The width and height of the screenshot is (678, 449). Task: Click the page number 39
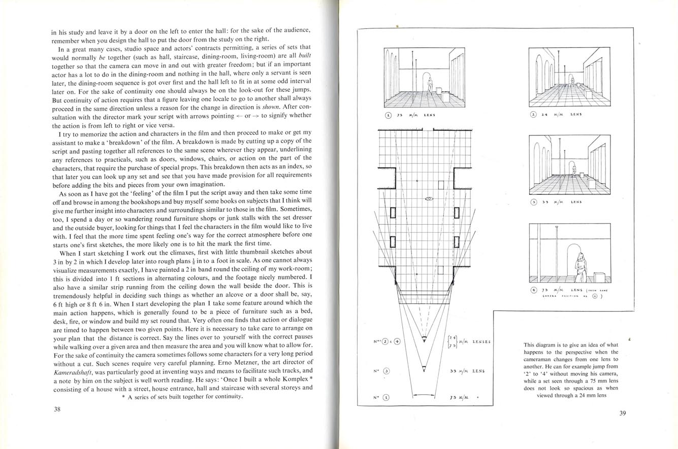point(623,413)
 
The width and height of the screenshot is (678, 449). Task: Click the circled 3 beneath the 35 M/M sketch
point(533,201)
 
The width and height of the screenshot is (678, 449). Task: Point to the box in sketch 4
point(599,277)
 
